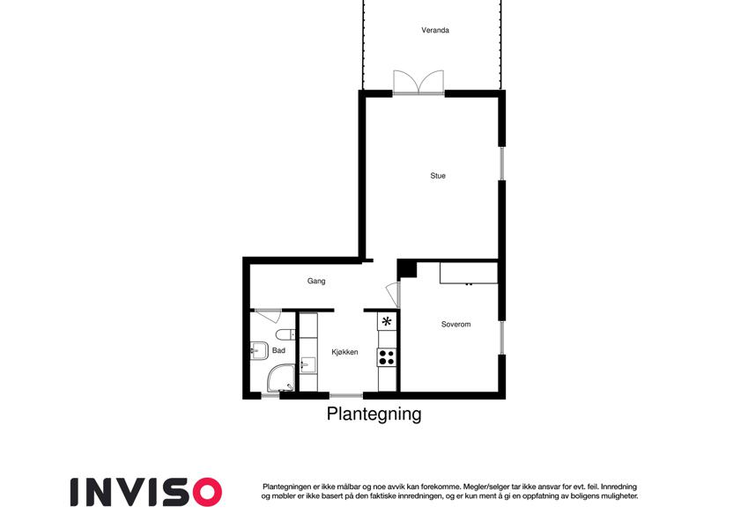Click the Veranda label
[x=435, y=30]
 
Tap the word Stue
[x=438, y=176]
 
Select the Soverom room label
[x=455, y=324]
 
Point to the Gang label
[x=316, y=281]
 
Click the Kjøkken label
[x=344, y=352]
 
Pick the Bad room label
[x=278, y=350]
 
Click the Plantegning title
[x=374, y=414]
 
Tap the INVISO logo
[x=146, y=492]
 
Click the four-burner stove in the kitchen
[x=387, y=357]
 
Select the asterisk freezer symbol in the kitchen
[x=387, y=321]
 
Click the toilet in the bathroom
[x=285, y=334]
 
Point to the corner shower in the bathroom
[x=280, y=379]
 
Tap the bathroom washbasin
[x=257, y=351]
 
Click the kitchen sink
[x=307, y=365]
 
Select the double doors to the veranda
[x=418, y=82]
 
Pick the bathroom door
[x=268, y=316]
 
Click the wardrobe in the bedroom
[x=469, y=273]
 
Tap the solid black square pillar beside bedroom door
[x=407, y=269]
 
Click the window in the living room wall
[x=502, y=164]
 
